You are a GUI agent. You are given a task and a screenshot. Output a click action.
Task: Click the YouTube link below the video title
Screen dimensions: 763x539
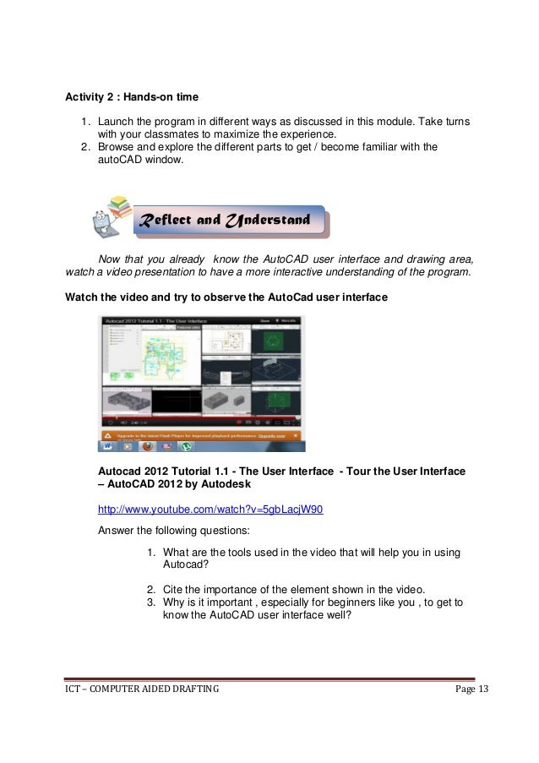[x=210, y=510]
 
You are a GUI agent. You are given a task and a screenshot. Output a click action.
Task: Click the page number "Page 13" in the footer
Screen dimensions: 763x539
[x=471, y=690]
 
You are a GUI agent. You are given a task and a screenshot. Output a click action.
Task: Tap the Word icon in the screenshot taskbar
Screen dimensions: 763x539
[x=109, y=445]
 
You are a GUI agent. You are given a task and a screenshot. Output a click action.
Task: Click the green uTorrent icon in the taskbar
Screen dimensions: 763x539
[x=186, y=445]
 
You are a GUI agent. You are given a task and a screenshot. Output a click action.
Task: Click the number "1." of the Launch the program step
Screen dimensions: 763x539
[x=86, y=123]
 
